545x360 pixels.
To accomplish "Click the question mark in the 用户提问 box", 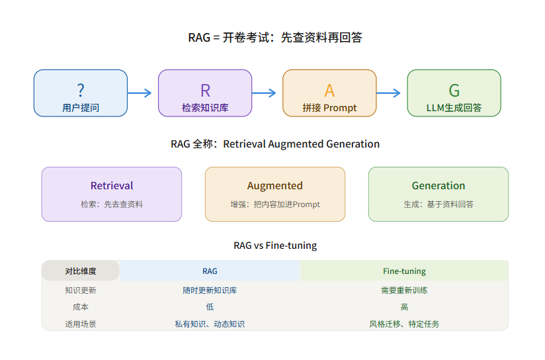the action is click(x=81, y=90).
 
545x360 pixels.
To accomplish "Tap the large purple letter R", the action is click(x=206, y=91).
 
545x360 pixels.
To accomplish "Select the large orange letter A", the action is click(x=329, y=91).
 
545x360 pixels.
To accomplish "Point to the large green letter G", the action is click(x=454, y=91).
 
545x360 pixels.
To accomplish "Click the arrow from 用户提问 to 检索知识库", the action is click(x=140, y=93).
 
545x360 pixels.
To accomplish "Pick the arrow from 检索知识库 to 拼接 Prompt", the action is click(x=264, y=93).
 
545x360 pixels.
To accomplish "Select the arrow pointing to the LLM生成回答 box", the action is click(x=388, y=93).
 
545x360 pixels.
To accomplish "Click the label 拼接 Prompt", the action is click(x=329, y=108).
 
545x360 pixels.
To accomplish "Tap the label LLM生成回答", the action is click(x=454, y=108).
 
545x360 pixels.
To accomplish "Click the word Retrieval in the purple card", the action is click(x=112, y=186).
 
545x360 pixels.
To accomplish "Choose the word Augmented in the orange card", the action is click(x=275, y=186).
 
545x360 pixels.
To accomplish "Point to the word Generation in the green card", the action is click(x=439, y=186).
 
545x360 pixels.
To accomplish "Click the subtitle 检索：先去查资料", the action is click(x=112, y=204).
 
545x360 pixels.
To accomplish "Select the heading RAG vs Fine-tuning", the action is click(x=275, y=246).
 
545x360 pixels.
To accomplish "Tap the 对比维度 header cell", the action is click(x=81, y=271).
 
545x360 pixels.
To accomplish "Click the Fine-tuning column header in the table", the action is click(x=404, y=271).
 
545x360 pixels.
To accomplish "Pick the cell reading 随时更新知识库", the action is click(x=210, y=291).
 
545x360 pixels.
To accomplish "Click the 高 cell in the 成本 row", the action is click(x=404, y=307).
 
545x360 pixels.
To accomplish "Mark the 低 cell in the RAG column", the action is click(x=210, y=307).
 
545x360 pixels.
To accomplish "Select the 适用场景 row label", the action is click(x=81, y=324).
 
